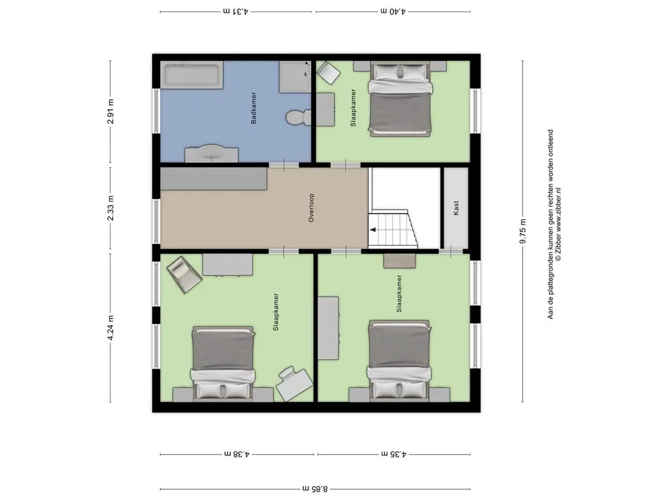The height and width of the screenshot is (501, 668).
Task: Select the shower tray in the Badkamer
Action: pos(296,76)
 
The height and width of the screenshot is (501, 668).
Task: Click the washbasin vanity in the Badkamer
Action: pos(211,153)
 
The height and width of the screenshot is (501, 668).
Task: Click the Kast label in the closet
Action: pos(455,209)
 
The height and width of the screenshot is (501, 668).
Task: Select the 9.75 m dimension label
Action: pos(522,231)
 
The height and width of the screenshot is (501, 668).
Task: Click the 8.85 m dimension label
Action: pos(315,488)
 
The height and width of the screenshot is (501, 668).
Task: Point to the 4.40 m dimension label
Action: pos(393,11)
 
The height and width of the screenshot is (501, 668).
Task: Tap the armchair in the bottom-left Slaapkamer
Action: pos(183,275)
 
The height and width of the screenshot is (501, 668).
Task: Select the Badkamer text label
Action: pos(253,108)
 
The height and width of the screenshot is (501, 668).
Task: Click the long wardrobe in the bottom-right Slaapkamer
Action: pos(328,327)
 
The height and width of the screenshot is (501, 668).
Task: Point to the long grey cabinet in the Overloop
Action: pos(214,179)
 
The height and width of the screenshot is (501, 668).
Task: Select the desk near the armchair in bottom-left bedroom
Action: pos(227,265)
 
